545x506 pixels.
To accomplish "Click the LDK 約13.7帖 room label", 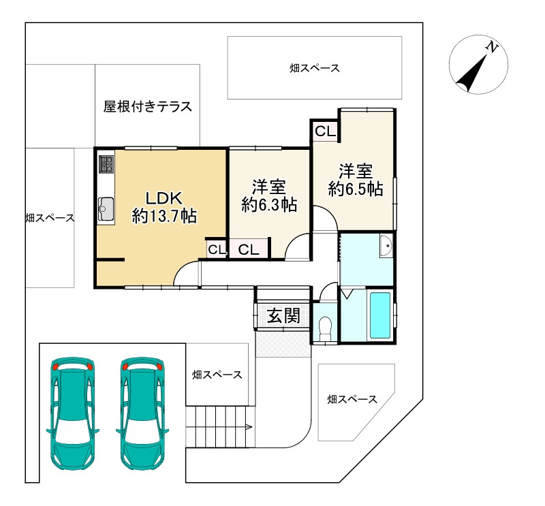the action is point(164,208).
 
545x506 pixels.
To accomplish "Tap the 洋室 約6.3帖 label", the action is point(269,196).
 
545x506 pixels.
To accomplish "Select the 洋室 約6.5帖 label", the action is point(356,180).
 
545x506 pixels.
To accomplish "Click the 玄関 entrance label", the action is point(283,316).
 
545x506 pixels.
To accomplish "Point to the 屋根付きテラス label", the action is point(148,106).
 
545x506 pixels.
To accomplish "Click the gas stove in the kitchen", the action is point(106,164).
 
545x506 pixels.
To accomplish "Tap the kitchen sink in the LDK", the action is point(106,209).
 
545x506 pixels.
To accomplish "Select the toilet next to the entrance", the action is point(325,328).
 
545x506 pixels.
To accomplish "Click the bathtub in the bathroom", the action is point(380,315).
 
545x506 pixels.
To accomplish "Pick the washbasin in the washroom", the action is point(386,245).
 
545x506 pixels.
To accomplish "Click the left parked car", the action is point(73,413).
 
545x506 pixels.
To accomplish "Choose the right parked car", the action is point(142,413).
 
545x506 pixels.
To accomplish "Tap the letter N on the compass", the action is point(492,46).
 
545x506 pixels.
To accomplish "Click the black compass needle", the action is point(471,74).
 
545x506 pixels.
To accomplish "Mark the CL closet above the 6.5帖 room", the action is point(326,131).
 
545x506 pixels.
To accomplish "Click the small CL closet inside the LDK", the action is point(217,249).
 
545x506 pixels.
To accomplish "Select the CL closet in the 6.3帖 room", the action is point(249,249).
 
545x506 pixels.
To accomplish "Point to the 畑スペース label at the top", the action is point(315,68).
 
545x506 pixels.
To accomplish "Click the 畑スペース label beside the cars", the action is point(217,375).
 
